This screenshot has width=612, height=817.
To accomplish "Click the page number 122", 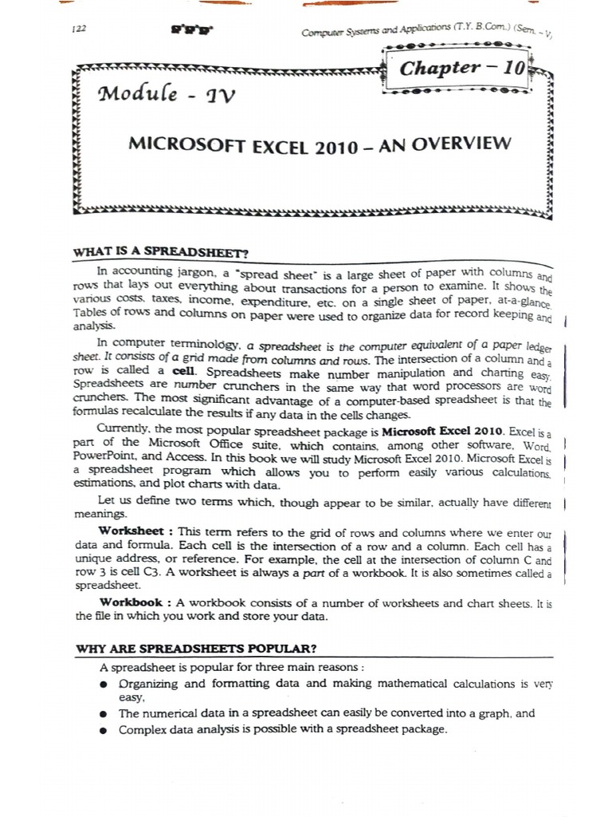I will [77, 28].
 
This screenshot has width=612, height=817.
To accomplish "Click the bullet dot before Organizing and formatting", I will [104, 685].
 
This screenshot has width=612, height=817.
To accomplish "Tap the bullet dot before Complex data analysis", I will [104, 730].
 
